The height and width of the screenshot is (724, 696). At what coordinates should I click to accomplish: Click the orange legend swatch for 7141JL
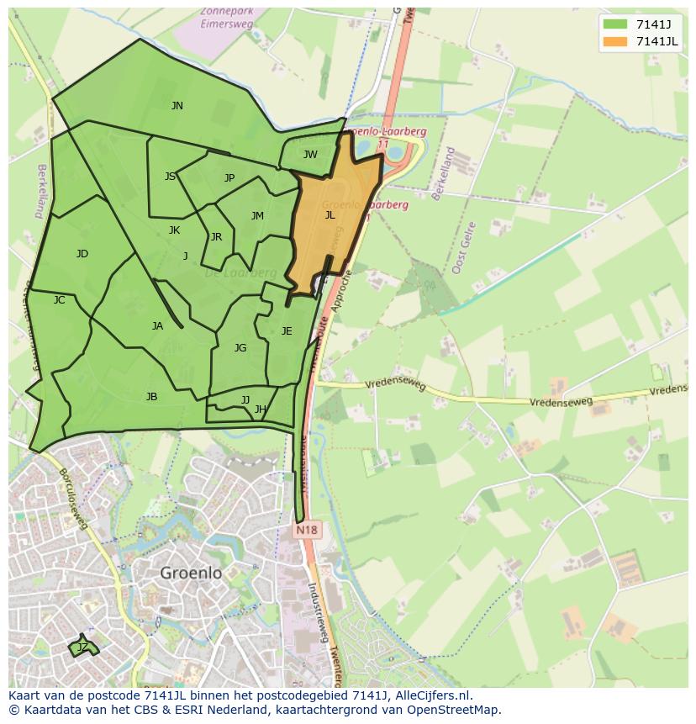(615, 42)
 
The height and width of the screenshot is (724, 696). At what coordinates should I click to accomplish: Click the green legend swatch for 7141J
(615, 24)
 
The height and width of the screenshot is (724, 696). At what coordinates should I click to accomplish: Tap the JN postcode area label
(177, 106)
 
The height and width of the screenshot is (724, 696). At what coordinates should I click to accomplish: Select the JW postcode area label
(310, 155)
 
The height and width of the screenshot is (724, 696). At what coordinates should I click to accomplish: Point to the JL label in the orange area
(330, 215)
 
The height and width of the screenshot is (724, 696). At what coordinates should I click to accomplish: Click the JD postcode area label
(82, 254)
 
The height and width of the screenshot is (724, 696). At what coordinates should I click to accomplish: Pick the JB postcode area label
(151, 397)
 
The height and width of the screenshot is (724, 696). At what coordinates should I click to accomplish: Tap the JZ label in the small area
(82, 647)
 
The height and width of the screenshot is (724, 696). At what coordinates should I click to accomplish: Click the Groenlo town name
(191, 573)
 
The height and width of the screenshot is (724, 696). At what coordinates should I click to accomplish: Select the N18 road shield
(306, 531)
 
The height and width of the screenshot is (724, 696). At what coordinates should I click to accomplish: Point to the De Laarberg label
(240, 273)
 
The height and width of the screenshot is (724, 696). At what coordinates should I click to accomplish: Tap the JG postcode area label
(240, 348)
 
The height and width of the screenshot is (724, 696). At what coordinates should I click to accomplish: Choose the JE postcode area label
(287, 331)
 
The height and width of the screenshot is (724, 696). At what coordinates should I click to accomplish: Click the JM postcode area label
(257, 216)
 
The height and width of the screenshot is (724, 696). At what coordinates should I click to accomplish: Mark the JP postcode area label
(229, 178)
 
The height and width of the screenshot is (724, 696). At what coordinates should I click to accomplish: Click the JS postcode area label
(171, 177)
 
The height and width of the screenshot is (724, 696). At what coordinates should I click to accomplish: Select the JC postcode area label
(59, 300)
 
